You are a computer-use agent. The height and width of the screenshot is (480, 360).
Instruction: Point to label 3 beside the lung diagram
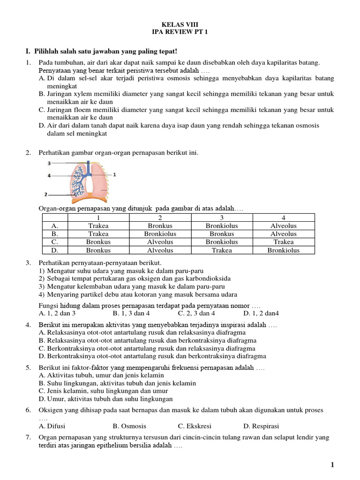click(49, 164)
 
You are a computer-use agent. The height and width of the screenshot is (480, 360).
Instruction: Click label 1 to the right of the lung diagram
click(114, 174)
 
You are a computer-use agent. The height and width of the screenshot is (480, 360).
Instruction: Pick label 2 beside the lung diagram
click(46, 194)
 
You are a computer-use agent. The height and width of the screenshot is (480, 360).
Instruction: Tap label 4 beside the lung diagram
click(49, 176)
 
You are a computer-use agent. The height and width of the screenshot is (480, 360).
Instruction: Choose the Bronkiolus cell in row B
click(160, 234)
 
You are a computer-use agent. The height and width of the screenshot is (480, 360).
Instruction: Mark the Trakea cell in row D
click(222, 250)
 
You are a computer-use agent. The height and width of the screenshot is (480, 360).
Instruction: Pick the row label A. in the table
click(55, 226)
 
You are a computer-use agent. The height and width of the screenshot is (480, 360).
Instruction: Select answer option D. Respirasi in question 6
click(261, 426)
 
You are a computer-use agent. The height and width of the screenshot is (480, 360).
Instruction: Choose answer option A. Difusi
click(52, 426)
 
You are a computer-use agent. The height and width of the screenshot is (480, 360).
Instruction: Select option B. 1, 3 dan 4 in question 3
click(131, 313)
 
